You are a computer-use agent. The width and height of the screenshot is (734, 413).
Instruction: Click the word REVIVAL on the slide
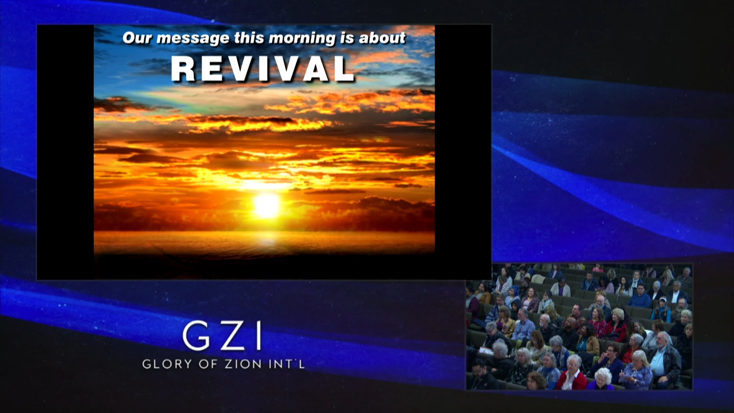[x=263, y=69]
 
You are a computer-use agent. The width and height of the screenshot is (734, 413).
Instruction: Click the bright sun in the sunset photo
[x=267, y=205]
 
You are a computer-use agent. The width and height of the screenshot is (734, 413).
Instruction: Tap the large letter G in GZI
[x=196, y=336]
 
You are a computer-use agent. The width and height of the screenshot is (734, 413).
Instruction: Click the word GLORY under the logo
[x=167, y=364]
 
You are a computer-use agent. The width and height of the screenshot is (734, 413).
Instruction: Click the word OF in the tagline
[x=208, y=364]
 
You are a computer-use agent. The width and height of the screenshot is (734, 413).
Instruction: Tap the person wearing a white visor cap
[x=663, y=306]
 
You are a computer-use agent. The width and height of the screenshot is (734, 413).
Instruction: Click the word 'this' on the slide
[x=249, y=38]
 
